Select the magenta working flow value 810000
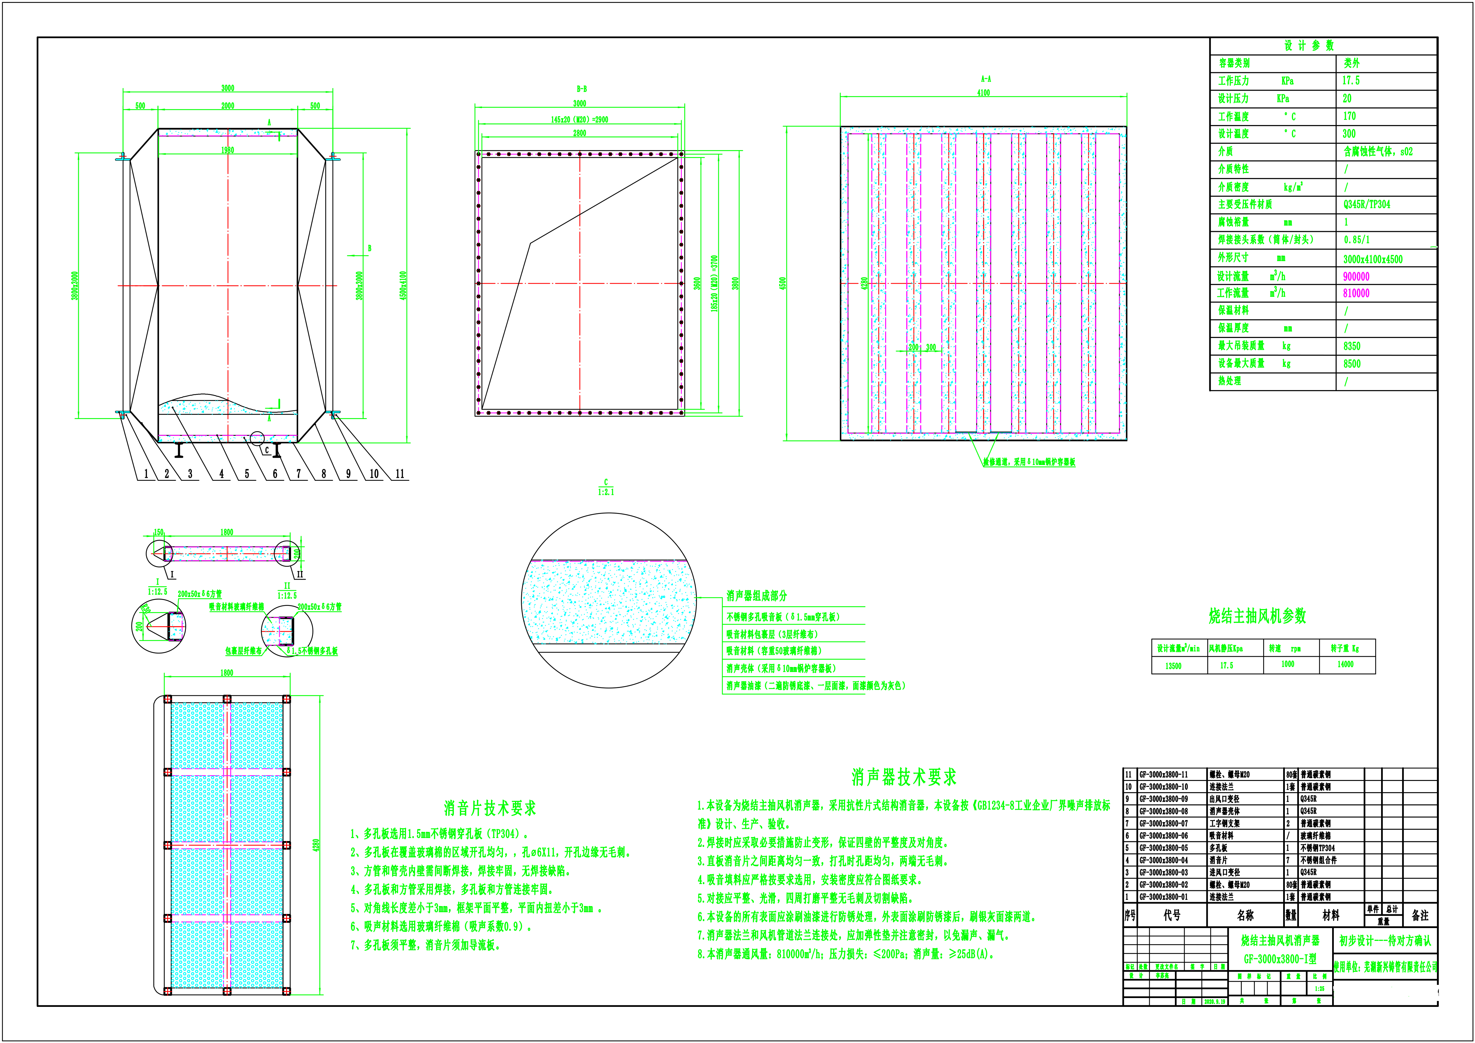click(1356, 294)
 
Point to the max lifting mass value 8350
click(1352, 346)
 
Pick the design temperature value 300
click(1349, 134)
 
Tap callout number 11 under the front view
click(400, 474)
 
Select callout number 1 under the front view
click(146, 474)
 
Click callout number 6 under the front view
click(275, 474)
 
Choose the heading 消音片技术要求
click(489, 808)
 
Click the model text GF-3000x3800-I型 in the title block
click(1280, 959)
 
